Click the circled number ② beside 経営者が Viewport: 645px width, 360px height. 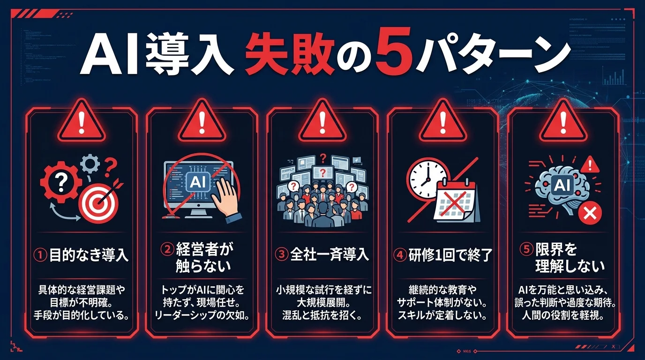(x=168, y=249)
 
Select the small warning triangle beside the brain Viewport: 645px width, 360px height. (x=588, y=165)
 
